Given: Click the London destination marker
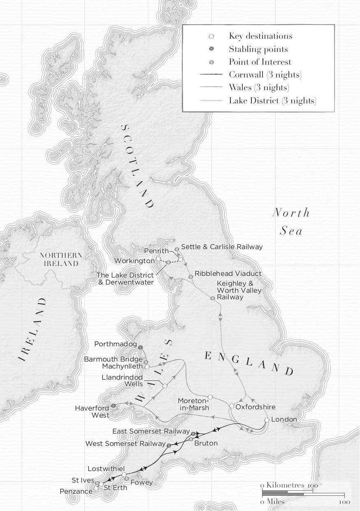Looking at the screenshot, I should (267, 420).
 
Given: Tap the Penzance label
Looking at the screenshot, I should (76, 491).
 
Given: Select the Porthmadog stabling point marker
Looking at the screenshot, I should (140, 348).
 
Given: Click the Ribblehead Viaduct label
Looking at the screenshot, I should (228, 273).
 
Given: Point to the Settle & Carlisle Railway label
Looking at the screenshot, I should (222, 247).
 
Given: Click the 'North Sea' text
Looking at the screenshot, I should (291, 222).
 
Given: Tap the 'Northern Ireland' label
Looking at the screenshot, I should (61, 259).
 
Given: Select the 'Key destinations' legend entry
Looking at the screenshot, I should (260, 36).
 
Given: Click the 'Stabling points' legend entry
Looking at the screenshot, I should (258, 49).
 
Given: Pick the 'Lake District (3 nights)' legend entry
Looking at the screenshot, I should (272, 100).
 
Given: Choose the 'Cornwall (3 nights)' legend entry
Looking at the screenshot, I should (265, 75).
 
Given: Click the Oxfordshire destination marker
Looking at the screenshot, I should (232, 406).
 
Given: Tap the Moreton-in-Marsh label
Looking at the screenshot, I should (193, 404).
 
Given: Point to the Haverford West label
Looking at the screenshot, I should (92, 411).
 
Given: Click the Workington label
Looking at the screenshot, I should (135, 261).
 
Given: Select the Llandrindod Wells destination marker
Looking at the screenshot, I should (165, 386).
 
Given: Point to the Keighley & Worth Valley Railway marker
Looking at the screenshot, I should (213, 298).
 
